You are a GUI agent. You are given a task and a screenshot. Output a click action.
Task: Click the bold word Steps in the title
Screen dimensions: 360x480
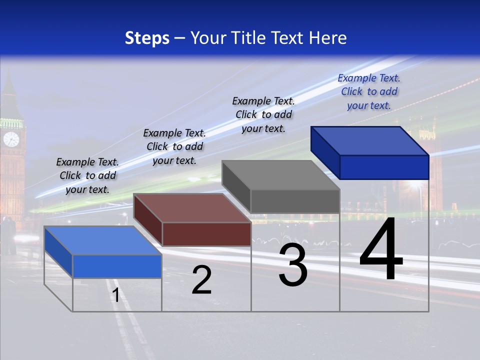(147, 38)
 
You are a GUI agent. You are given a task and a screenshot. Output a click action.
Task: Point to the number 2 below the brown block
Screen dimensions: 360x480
(202, 280)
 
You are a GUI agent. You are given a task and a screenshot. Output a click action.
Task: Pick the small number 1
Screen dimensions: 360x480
(116, 295)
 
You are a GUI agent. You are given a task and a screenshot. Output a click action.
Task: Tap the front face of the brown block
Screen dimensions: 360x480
(206, 234)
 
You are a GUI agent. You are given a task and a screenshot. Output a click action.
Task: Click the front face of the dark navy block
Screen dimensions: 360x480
(384, 167)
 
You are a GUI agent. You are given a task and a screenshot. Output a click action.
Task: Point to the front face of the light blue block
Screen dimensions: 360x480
(117, 266)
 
